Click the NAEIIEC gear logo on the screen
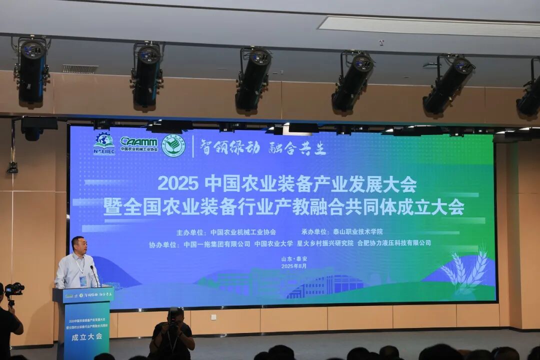(104, 143)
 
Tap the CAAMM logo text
(139, 141)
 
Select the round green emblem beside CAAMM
(173, 145)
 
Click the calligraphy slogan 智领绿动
(229, 147)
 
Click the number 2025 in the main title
(178, 183)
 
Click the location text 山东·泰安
(294, 259)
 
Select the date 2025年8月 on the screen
(294, 266)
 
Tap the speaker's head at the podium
(78, 245)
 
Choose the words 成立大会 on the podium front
(87, 336)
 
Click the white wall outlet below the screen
(213, 316)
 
